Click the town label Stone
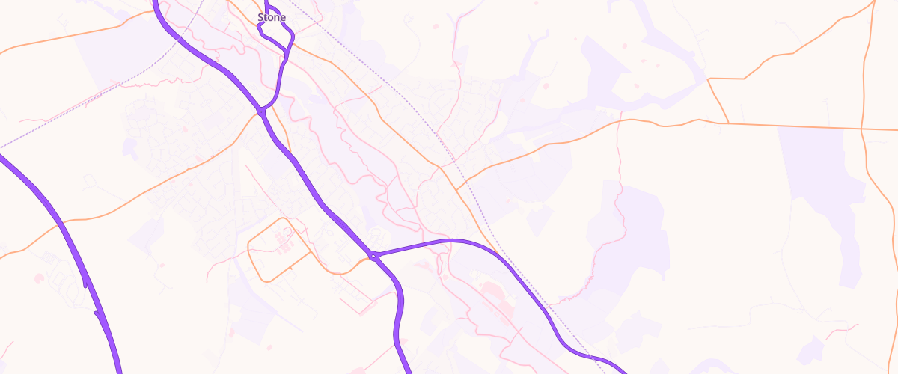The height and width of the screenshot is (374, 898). (271, 17)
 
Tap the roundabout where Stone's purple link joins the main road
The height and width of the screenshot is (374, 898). (261, 111)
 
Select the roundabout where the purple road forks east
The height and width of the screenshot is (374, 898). (373, 257)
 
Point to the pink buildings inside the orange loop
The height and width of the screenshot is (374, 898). (283, 239)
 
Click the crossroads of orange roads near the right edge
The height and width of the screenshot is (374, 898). (862, 129)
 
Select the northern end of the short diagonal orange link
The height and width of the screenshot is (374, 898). (708, 79)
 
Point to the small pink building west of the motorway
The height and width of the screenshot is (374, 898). (38, 278)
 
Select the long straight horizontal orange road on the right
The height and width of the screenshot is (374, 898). (793, 126)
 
